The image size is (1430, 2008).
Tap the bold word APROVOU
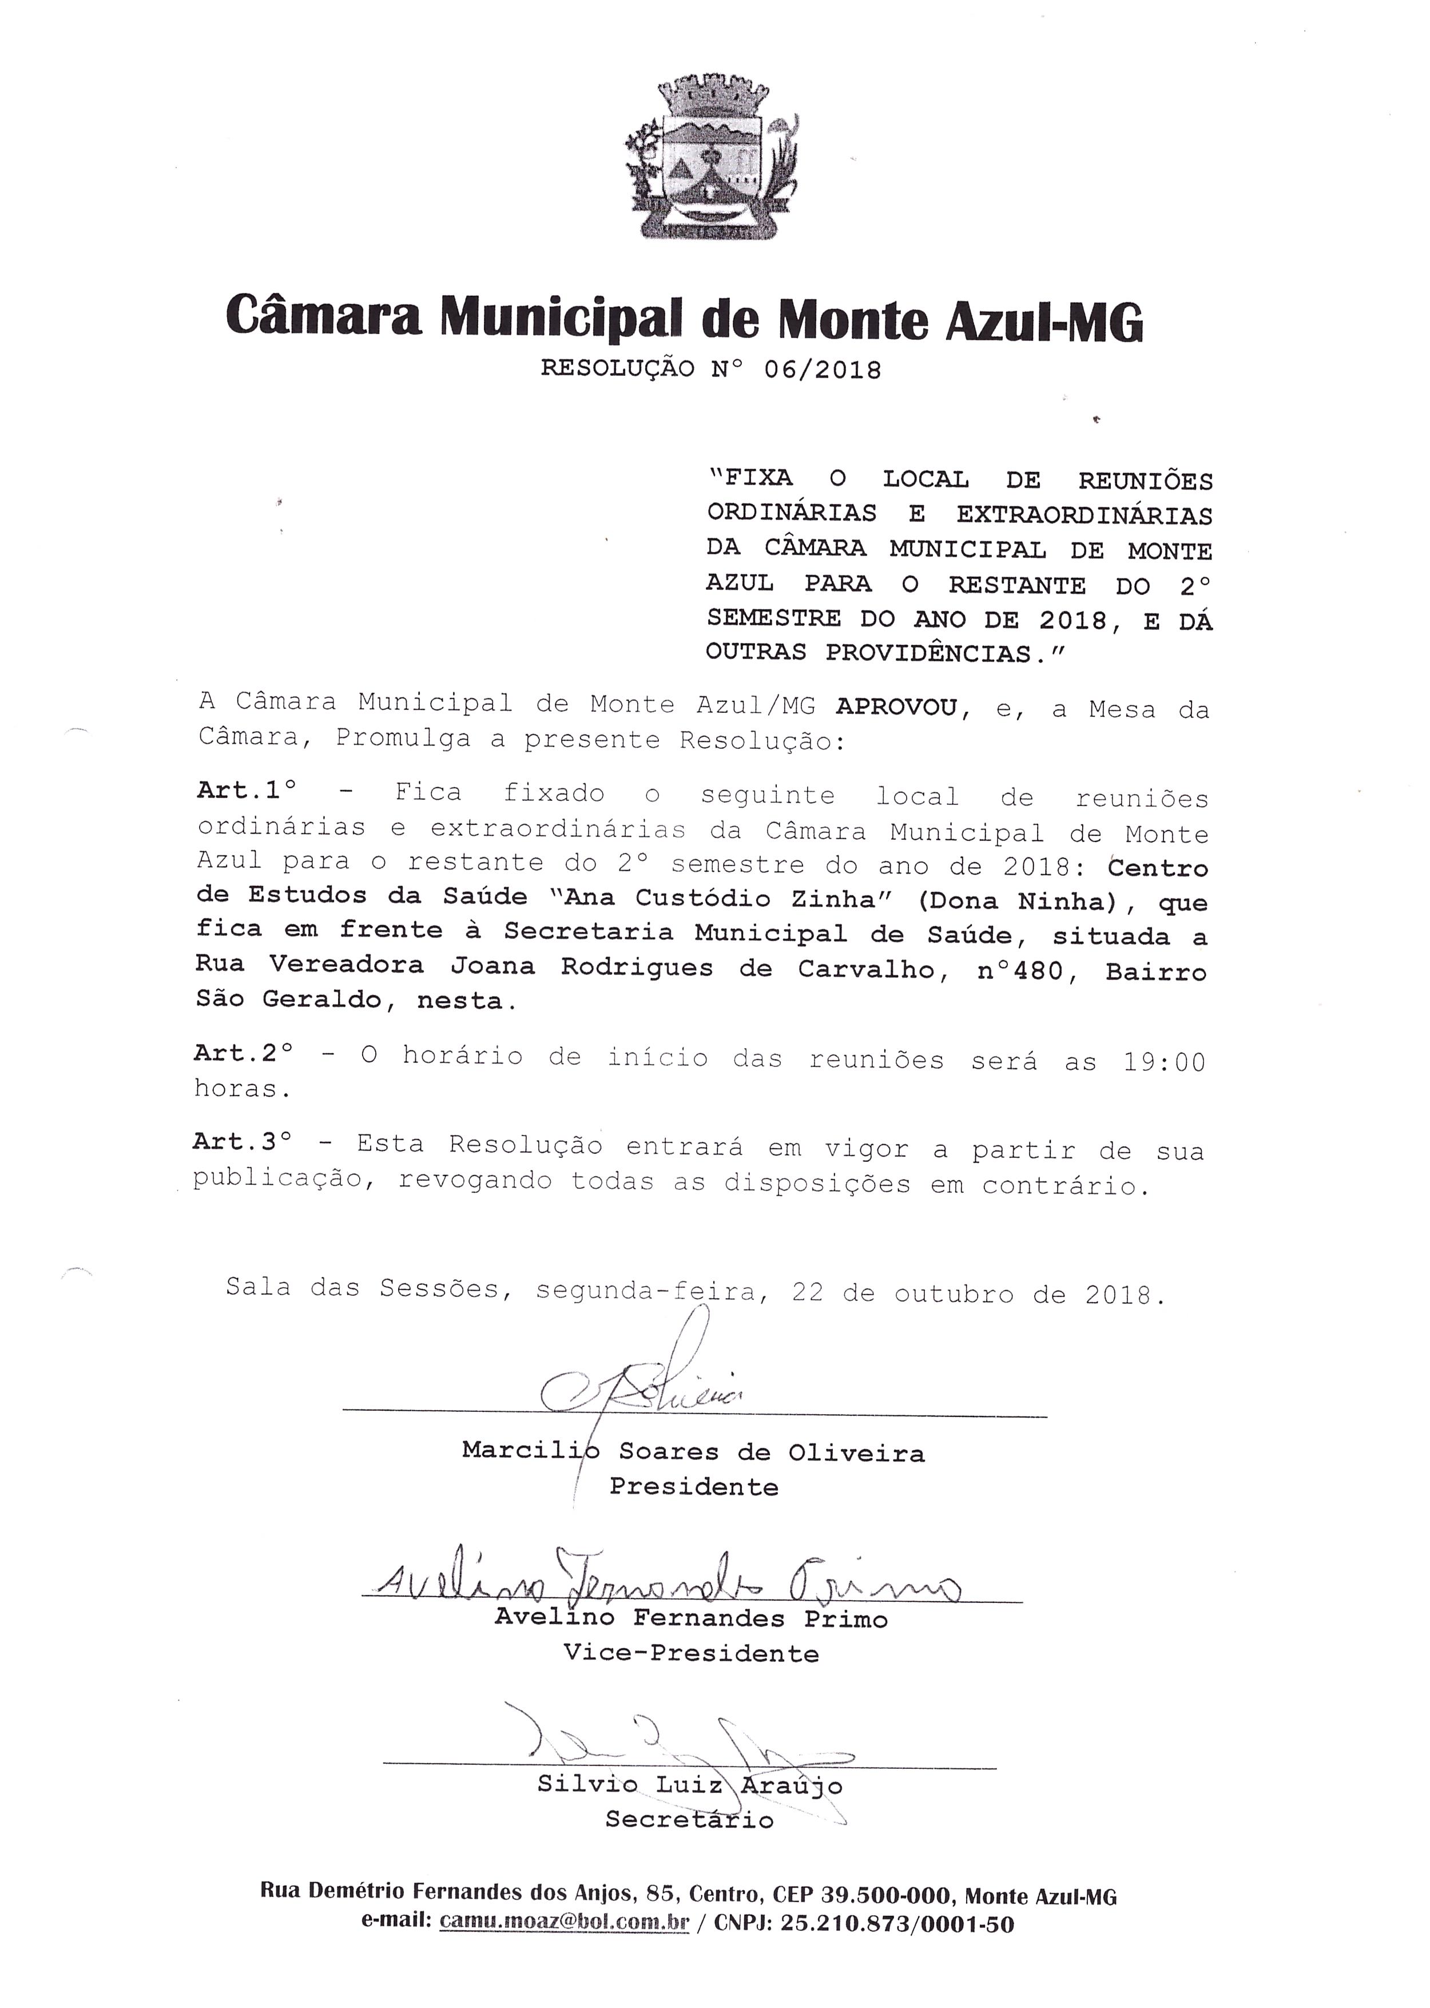[896, 707]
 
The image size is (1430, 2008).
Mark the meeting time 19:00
[1163, 1062]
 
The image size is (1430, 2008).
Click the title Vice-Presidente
[691, 1653]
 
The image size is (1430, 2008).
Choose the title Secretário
[689, 1820]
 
